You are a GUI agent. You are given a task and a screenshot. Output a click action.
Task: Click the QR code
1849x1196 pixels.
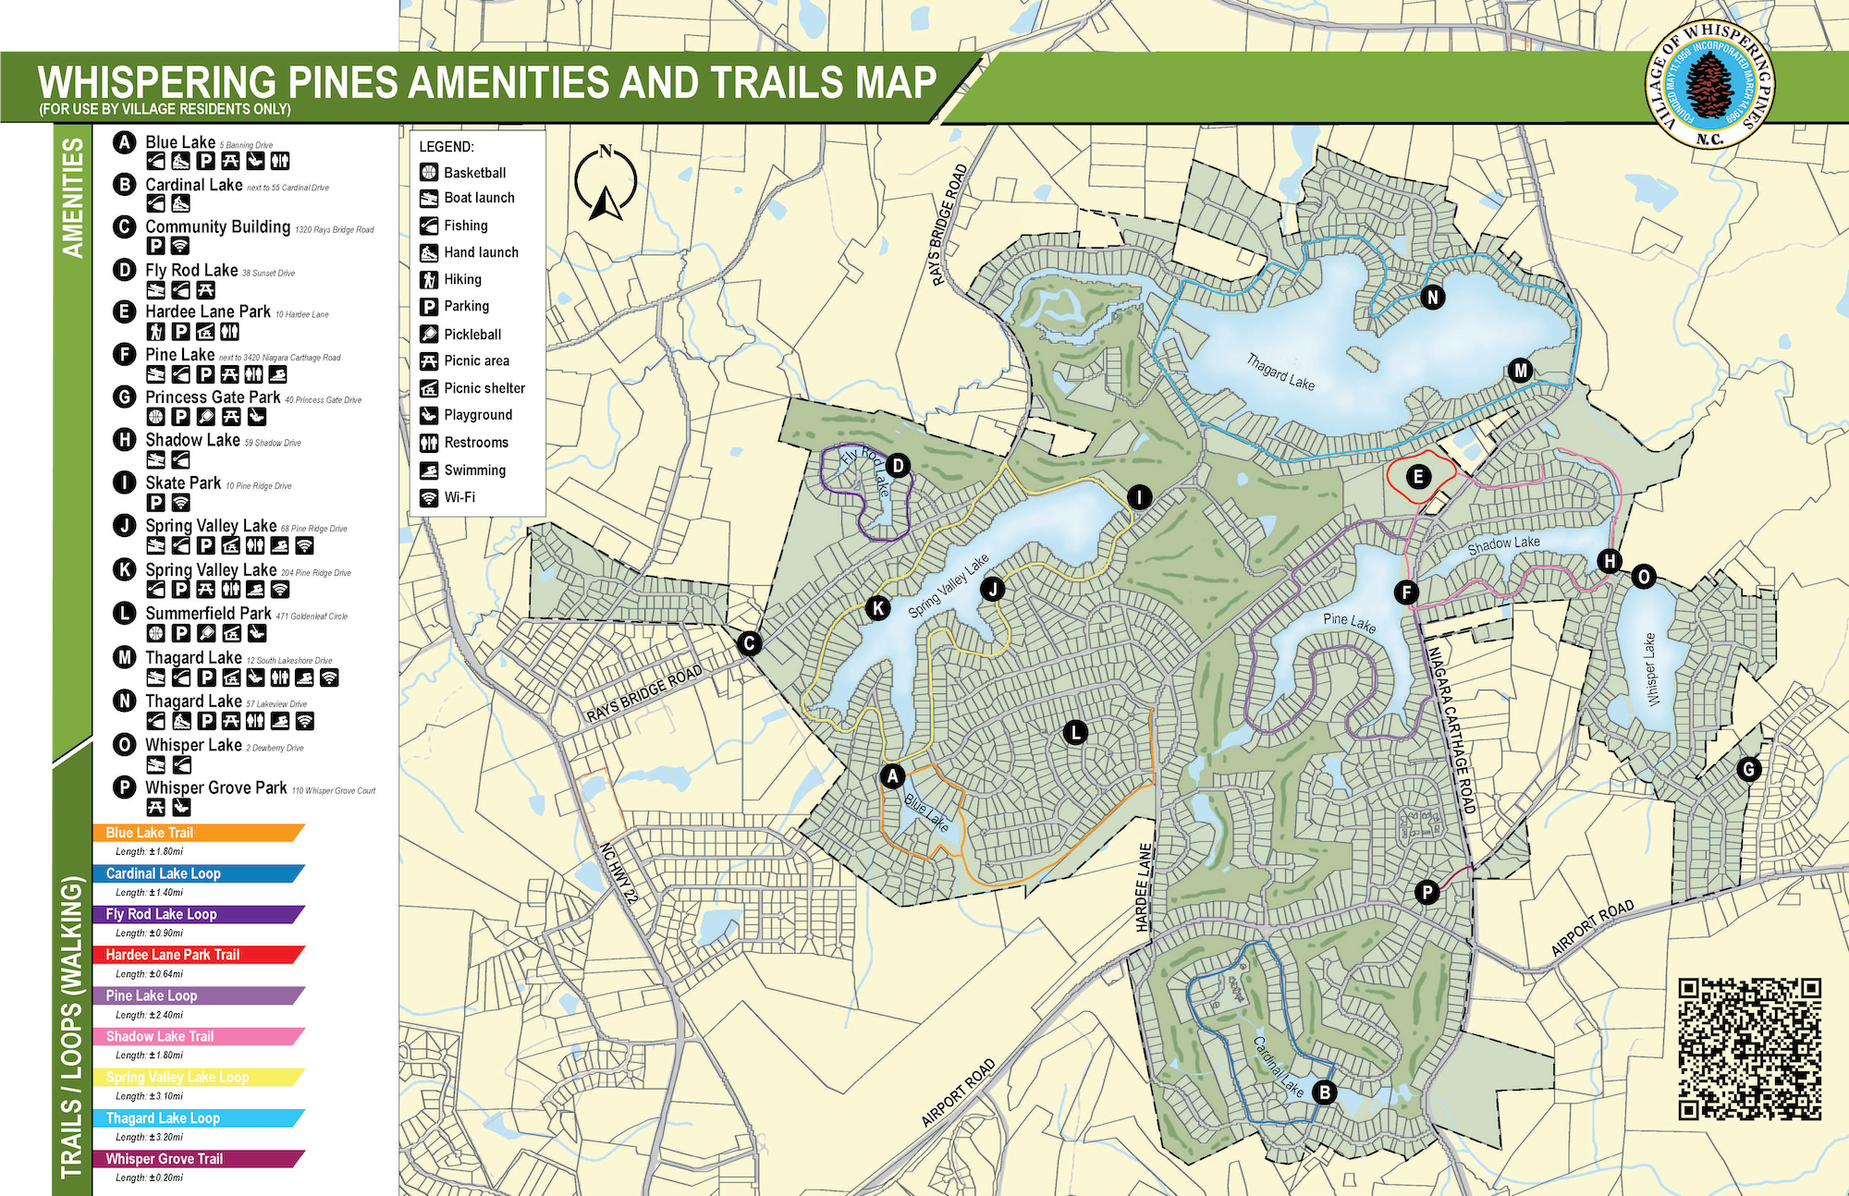[1749, 1049]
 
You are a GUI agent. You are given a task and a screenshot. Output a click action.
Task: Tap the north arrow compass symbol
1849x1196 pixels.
[606, 184]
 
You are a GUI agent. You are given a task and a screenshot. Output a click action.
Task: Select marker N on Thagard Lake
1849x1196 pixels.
[1432, 298]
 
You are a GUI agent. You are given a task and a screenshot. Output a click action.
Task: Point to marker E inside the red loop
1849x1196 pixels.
[1417, 477]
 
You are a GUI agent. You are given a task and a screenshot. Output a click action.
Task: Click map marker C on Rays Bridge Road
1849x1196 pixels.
[749, 643]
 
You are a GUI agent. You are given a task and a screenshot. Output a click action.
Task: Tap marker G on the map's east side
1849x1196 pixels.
[1747, 769]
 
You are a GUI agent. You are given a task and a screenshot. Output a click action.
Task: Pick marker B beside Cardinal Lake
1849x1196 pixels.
[1324, 1092]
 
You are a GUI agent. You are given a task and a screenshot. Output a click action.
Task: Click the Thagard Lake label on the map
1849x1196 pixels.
[1280, 372]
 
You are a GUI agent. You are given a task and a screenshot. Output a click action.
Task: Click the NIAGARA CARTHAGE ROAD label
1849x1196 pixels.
[1449, 730]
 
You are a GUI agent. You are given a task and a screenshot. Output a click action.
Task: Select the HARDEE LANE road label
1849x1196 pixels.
[1144, 887]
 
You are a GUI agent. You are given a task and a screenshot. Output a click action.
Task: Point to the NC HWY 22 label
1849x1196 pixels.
[618, 873]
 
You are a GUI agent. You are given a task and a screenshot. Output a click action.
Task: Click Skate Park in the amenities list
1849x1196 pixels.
[183, 482]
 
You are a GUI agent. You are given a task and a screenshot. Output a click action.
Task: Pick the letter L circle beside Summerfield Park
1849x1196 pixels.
[125, 613]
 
